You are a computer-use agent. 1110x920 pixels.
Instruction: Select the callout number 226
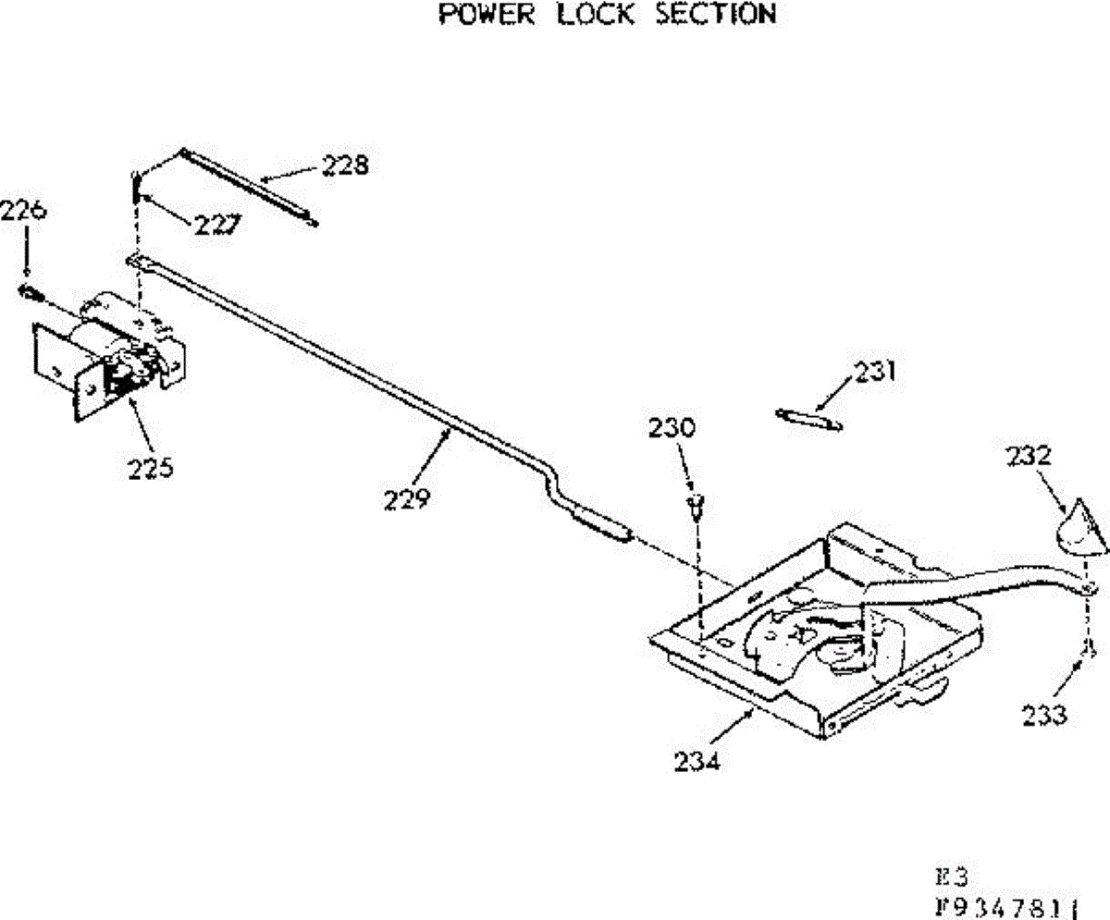pos(23,211)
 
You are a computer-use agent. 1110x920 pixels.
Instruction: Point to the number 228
pos(345,166)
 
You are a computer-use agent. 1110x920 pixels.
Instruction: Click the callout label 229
pos(408,499)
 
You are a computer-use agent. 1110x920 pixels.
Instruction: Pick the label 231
pos(875,372)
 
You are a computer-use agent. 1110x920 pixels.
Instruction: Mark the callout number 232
pos(1031,457)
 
